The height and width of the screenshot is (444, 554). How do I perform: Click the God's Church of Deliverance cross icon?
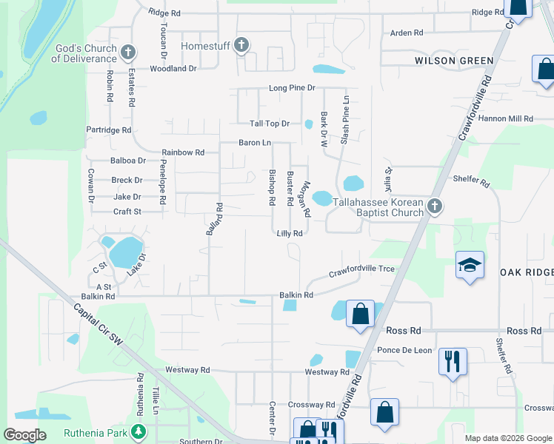pos(128,52)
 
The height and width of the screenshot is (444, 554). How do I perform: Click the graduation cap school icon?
pos(470,266)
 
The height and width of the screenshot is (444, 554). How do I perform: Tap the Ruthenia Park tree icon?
pos(137,431)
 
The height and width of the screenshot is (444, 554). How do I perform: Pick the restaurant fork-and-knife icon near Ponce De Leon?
pos(452,362)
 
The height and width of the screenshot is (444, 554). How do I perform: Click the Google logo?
pos(25,435)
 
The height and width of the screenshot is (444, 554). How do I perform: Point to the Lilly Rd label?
pos(290,233)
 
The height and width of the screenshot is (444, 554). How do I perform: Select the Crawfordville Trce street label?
pos(361,271)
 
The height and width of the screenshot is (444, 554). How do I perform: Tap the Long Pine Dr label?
pos(292,88)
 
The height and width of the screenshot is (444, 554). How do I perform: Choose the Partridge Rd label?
pos(109,130)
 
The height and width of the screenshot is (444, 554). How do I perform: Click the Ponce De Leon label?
pos(404,350)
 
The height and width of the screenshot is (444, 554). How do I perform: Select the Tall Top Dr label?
pos(270,124)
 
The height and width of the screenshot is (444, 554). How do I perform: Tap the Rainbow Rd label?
pos(183,152)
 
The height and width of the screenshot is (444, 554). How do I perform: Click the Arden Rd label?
pos(406,33)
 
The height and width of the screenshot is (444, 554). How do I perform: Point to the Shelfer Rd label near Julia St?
pos(471,180)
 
